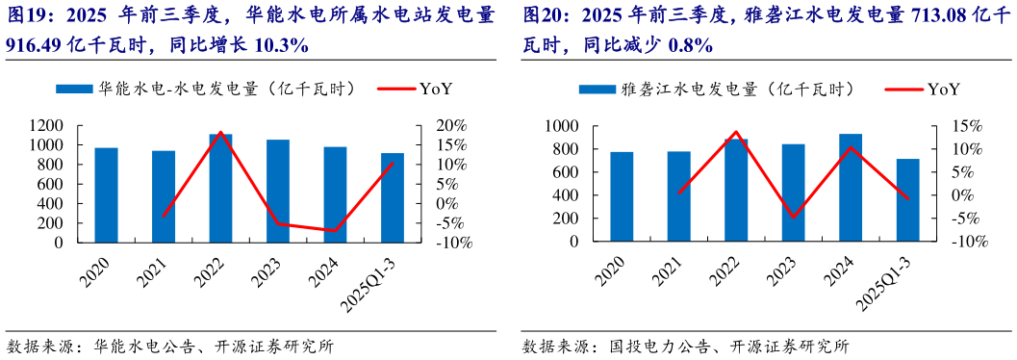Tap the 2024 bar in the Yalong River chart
(x=851, y=188)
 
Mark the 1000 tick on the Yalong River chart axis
(x=560, y=126)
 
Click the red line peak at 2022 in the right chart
(x=736, y=132)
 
